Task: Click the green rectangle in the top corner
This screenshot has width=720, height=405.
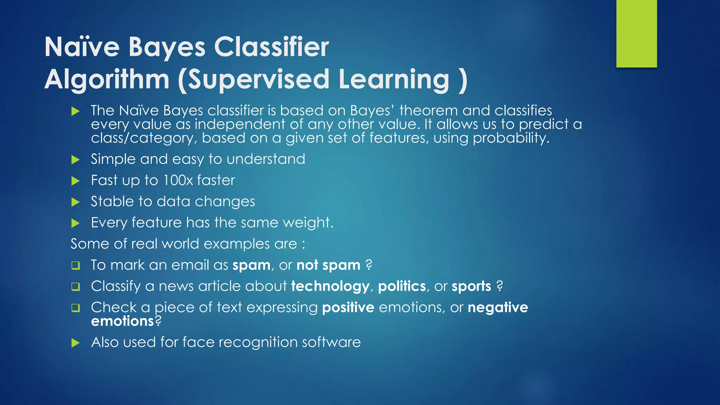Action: [636, 33]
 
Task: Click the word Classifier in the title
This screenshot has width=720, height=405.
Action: [271, 47]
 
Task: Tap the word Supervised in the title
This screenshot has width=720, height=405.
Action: [259, 79]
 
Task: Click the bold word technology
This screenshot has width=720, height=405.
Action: [330, 287]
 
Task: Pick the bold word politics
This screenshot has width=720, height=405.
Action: [402, 287]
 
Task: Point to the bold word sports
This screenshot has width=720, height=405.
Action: [471, 287]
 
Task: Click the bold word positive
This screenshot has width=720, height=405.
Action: [348, 308]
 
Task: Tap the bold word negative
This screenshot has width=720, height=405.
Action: [498, 308]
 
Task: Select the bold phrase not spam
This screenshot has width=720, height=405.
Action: [328, 265]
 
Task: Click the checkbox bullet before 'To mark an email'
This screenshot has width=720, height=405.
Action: [76, 265]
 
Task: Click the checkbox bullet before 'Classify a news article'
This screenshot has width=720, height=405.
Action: [76, 287]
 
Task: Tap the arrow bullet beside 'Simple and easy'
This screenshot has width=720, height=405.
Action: [76, 160]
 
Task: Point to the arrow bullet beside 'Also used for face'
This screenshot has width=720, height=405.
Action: [76, 343]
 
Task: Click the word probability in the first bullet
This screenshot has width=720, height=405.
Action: [510, 138]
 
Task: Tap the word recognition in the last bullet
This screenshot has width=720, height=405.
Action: [258, 342]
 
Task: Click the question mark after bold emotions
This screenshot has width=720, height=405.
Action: [158, 321]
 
